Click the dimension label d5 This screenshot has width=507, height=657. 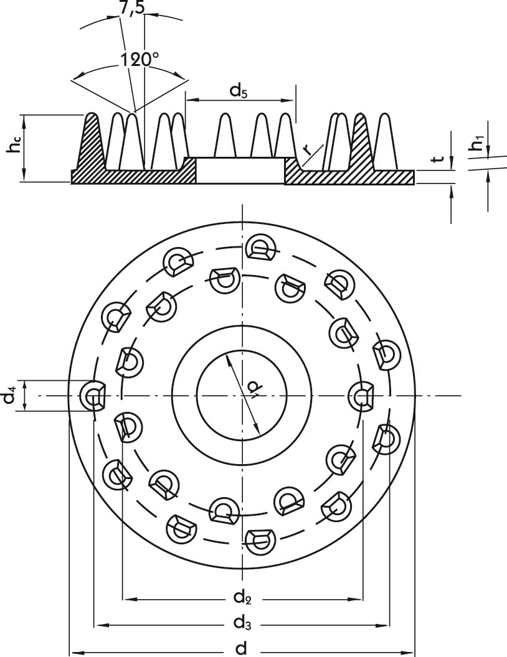[239, 91]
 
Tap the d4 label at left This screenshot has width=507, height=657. [9, 396]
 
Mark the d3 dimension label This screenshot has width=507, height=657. [242, 622]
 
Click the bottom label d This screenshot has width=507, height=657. [242, 648]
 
